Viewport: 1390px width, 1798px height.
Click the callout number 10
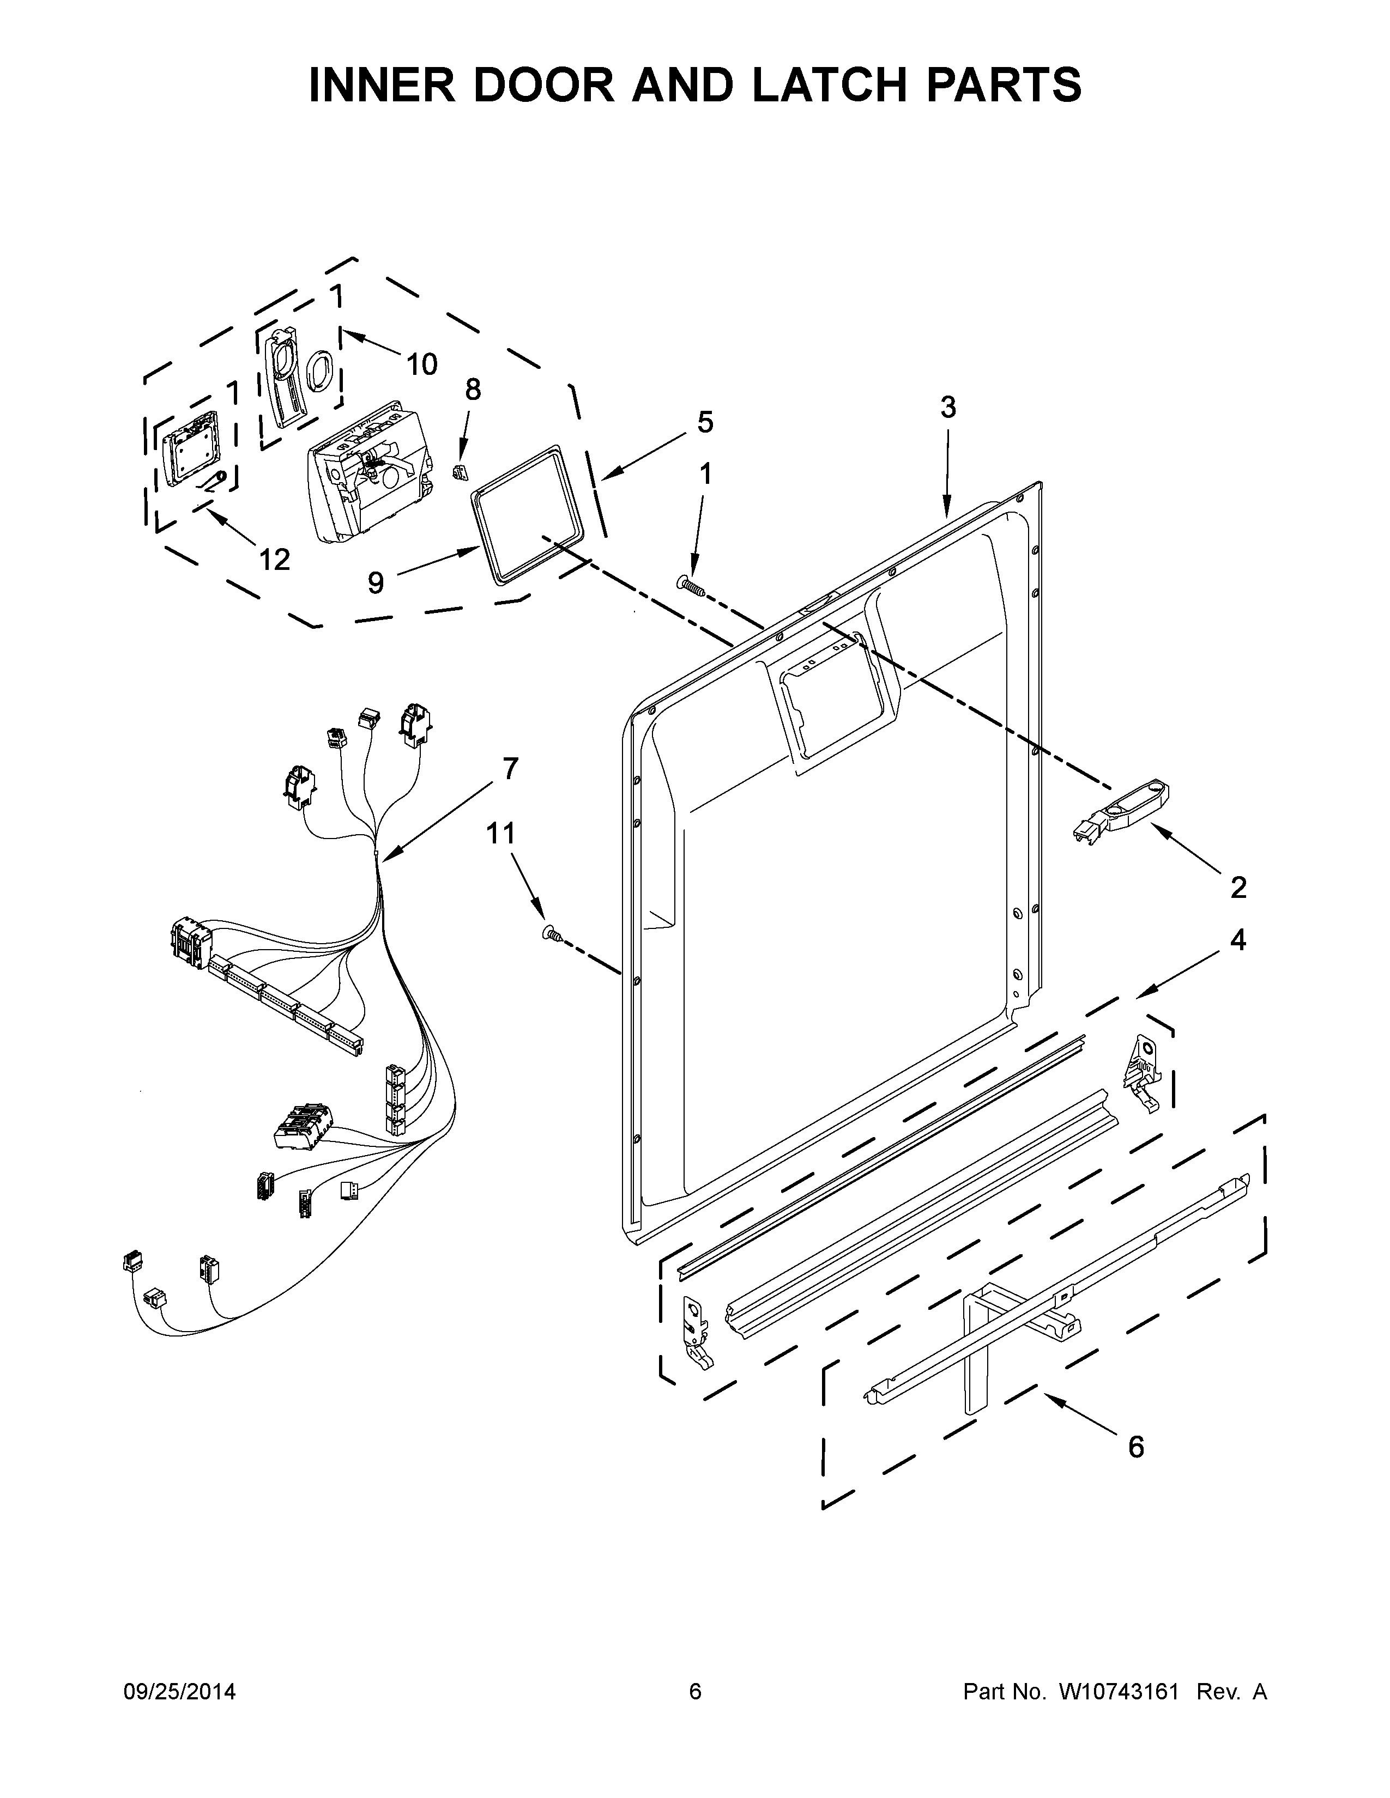[x=421, y=364]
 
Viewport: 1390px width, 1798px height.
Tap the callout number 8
[x=473, y=390]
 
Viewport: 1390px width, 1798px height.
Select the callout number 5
[x=705, y=422]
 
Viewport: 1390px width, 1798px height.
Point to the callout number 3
[x=948, y=406]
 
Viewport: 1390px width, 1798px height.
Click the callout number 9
[x=376, y=583]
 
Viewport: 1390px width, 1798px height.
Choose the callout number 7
[x=511, y=768]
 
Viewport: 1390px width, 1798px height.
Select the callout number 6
[x=1135, y=1447]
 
